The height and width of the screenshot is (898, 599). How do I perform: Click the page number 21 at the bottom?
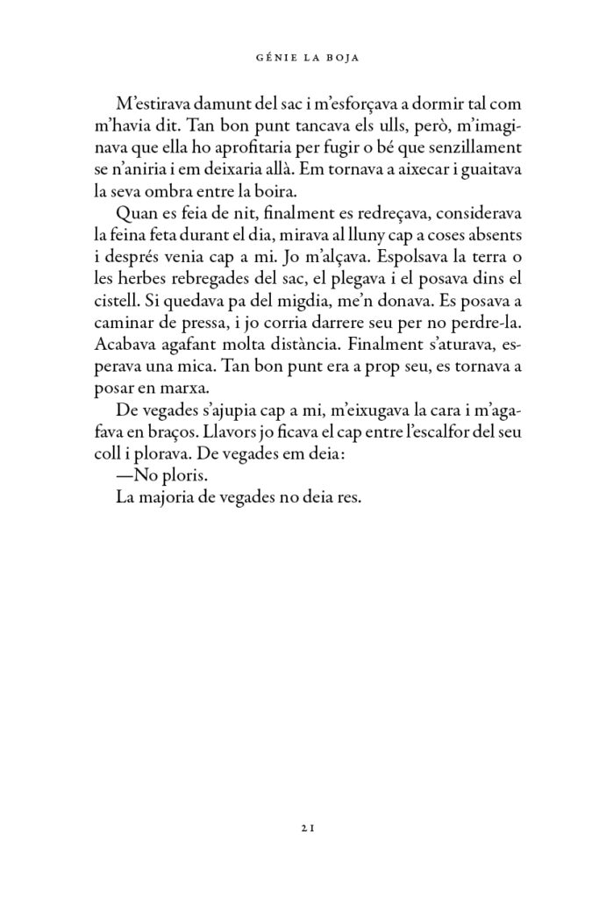[x=299, y=827]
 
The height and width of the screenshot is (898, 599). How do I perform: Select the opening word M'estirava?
[x=151, y=103]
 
